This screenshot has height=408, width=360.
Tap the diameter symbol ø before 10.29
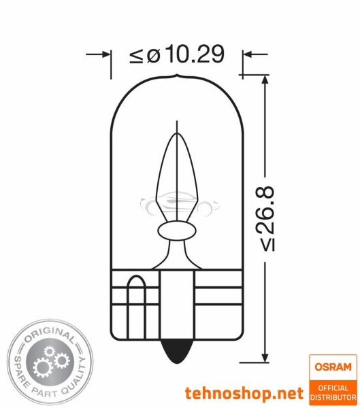point(152,55)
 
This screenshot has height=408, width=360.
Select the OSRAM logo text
point(333,367)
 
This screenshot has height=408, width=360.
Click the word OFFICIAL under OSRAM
point(333,388)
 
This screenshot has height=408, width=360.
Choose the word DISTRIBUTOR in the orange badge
point(333,396)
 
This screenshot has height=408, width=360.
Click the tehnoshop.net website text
point(243,392)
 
